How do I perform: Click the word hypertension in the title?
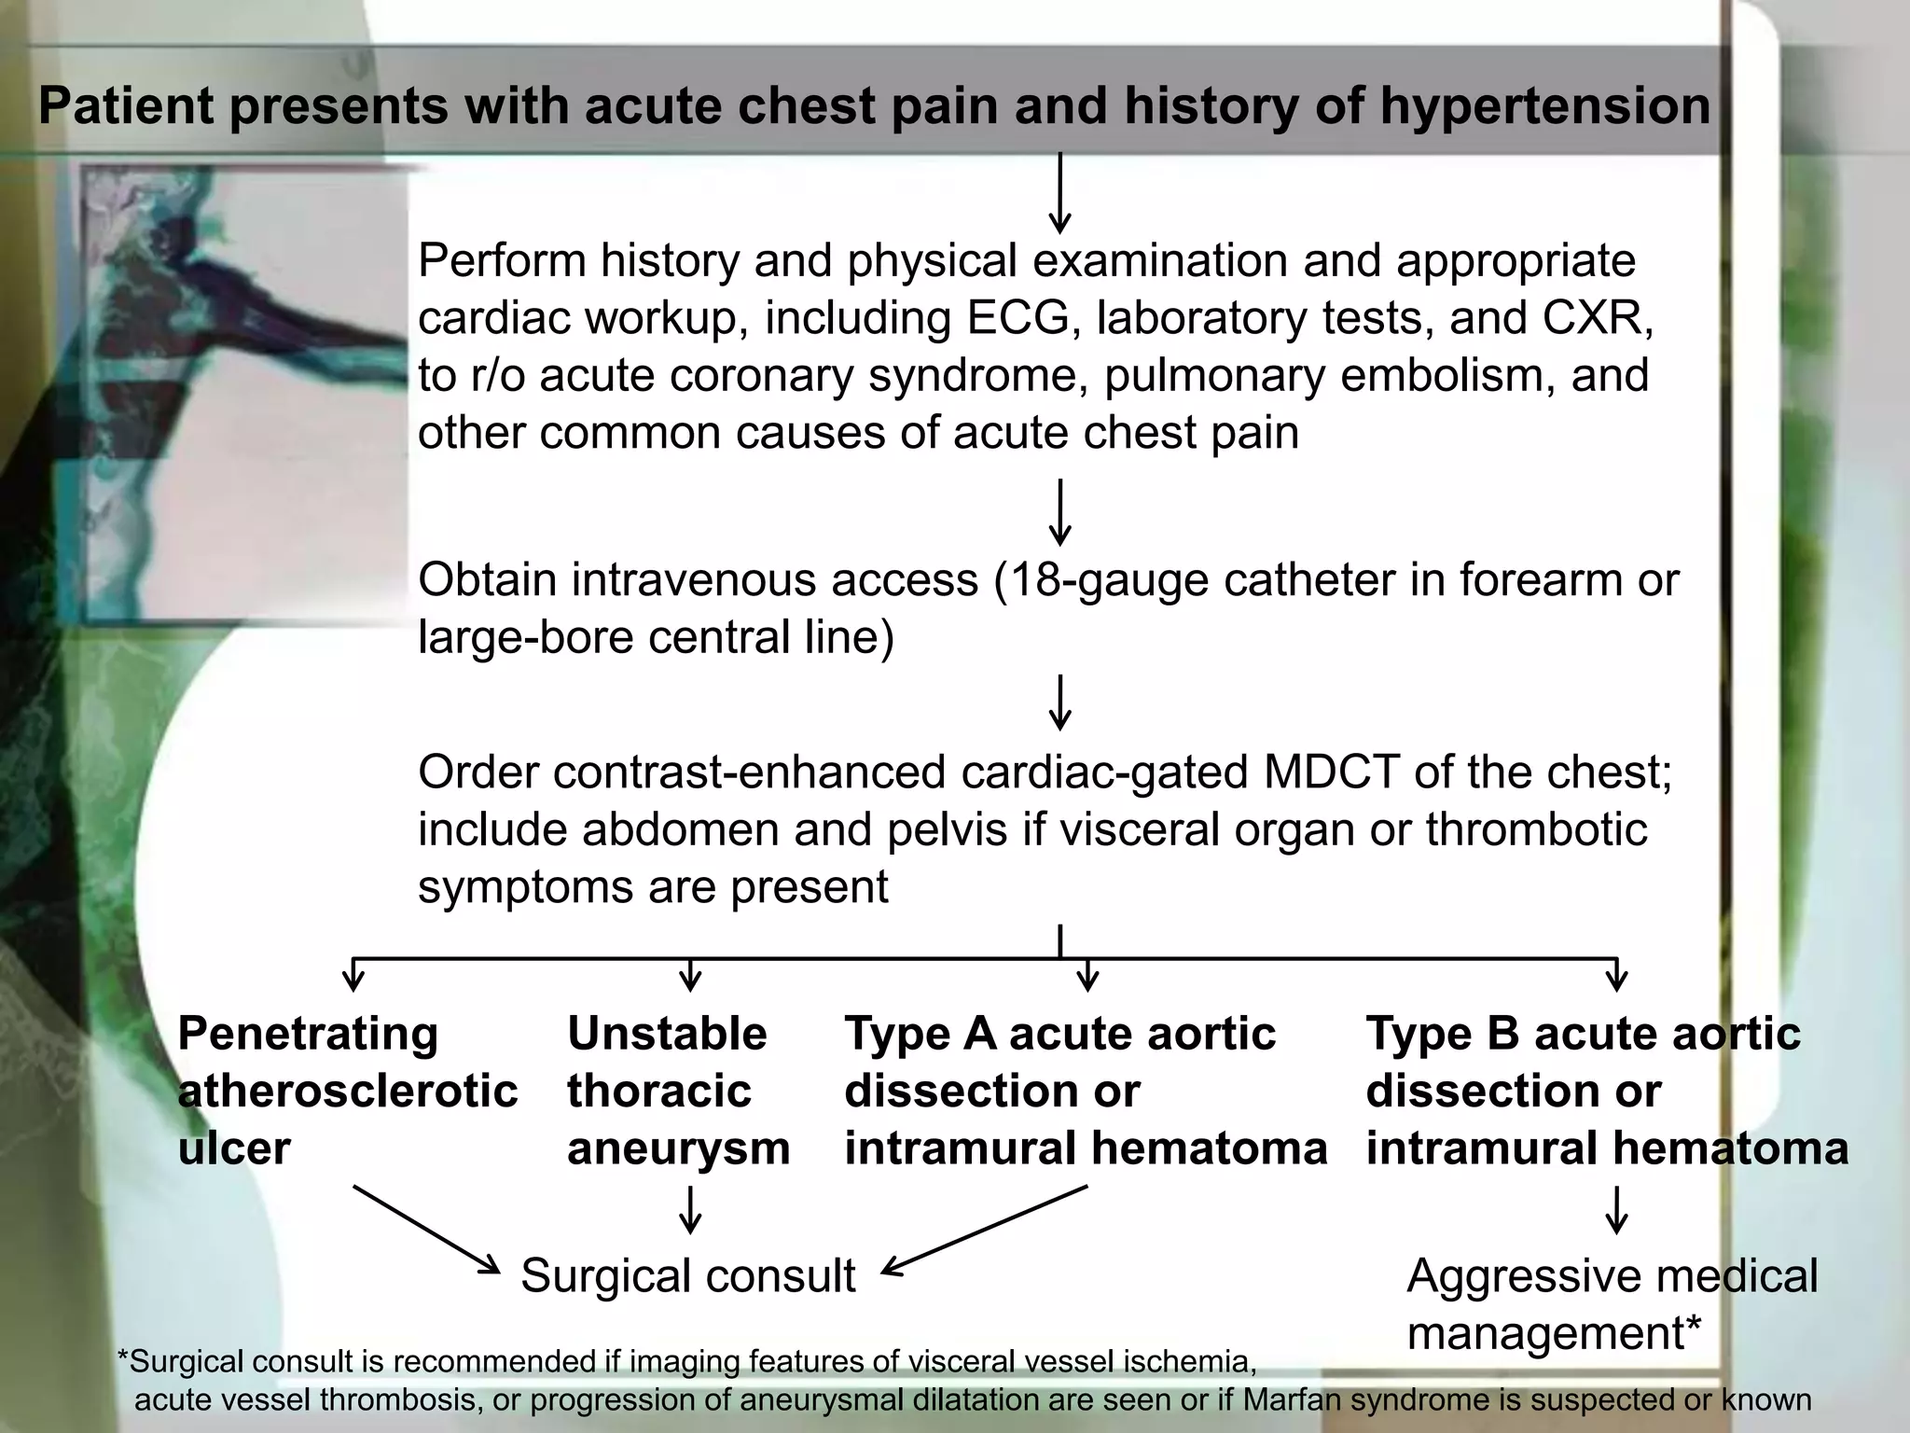1544,105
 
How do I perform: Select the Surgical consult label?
687,1275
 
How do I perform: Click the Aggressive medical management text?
1611,1303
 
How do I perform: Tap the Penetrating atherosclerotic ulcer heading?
346,1091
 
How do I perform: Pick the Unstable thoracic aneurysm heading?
678,1091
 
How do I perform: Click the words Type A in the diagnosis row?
918,1034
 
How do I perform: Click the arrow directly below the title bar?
1059,194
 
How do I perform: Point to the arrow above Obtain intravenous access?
1059,512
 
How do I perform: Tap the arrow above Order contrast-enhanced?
1059,703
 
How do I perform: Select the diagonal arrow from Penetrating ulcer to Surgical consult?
425,1229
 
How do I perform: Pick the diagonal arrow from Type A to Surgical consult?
985,1229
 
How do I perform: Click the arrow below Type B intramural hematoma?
1616,1210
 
